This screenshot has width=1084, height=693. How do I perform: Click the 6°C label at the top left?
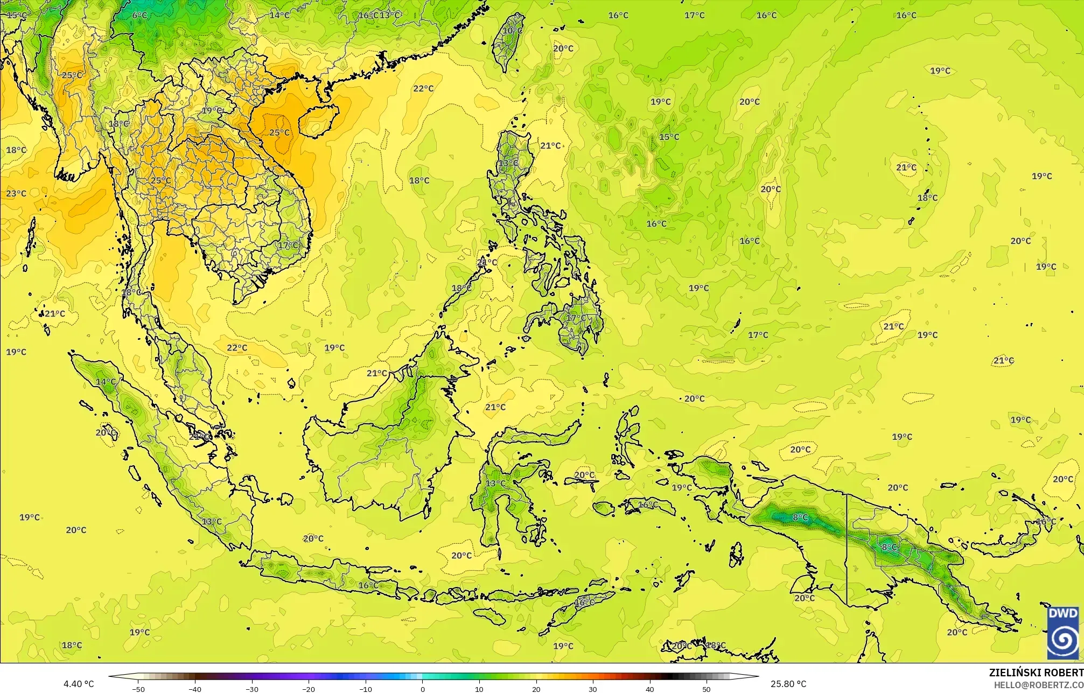139,15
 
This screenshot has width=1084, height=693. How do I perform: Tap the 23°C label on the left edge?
16,193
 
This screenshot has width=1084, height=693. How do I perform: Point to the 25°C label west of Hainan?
279,132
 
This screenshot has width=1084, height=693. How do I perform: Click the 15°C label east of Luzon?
669,137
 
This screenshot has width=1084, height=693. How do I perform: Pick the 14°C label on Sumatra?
106,382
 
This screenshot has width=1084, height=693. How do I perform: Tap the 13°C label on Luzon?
508,163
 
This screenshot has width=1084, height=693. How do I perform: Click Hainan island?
318,120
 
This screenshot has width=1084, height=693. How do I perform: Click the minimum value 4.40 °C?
79,684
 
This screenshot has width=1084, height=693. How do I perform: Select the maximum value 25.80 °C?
788,684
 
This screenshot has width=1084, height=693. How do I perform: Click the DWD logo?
1063,633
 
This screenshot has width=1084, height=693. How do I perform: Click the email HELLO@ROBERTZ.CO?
1038,684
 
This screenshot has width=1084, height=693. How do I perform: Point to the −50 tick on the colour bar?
138,689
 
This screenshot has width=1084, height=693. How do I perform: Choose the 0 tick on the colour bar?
422,689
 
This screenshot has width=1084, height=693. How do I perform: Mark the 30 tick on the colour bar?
593,689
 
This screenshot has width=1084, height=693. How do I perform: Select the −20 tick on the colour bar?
309,689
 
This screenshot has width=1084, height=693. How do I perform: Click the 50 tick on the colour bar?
707,689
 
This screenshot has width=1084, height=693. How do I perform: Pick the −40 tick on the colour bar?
195,689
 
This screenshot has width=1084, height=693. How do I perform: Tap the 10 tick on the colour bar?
479,689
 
